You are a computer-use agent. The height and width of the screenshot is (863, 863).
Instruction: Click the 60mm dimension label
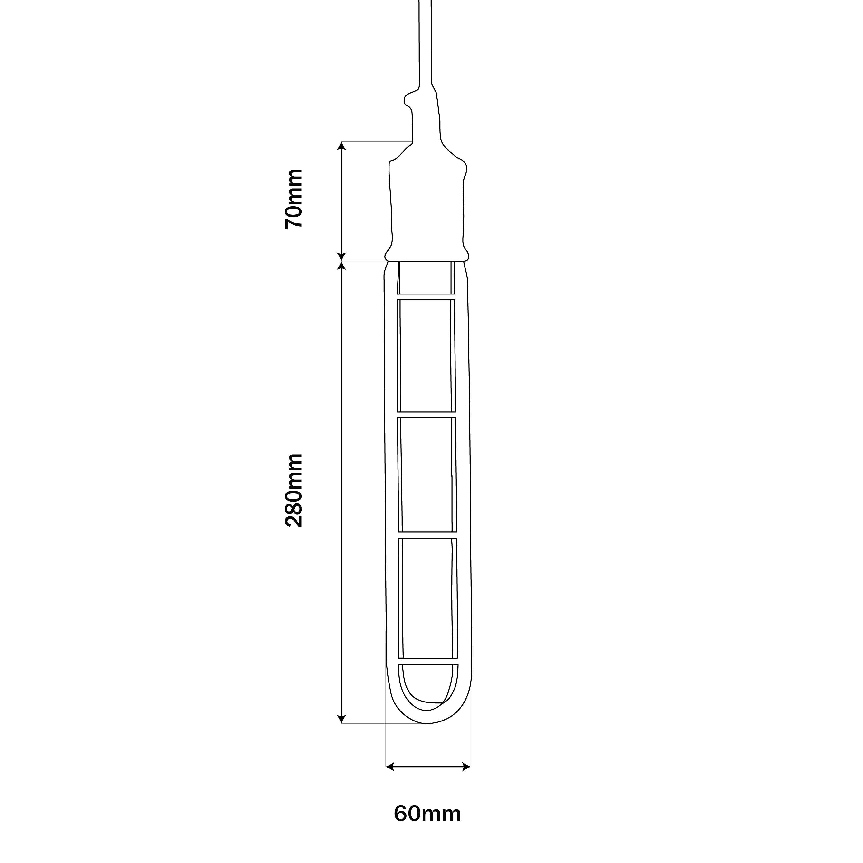[427, 826]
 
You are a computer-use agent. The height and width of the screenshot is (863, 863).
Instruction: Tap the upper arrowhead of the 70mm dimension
[342, 146]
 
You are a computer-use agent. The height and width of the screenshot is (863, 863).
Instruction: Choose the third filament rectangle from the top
[427, 475]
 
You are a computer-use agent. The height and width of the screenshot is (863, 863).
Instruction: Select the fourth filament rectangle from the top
[428, 598]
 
